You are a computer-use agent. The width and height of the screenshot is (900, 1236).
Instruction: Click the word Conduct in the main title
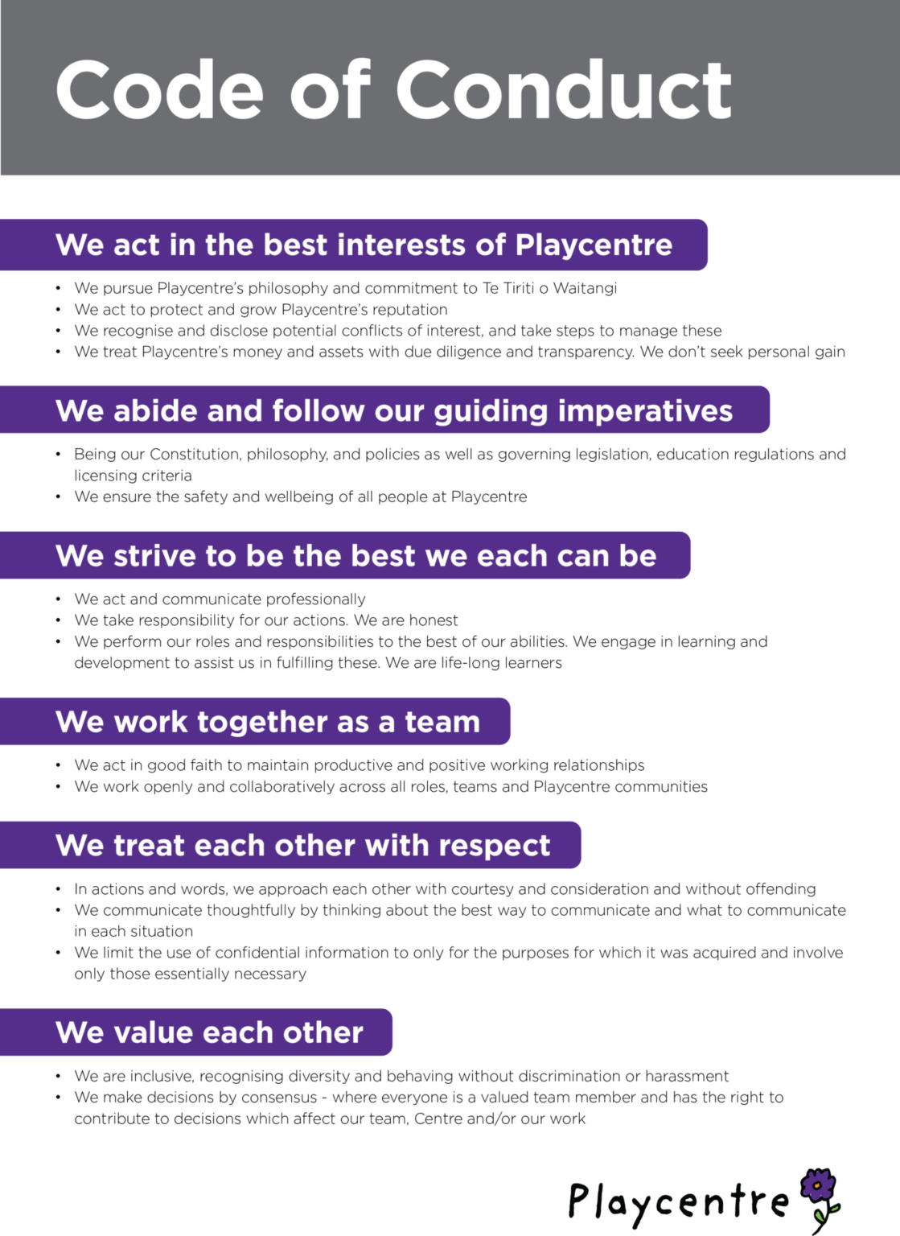click(563, 90)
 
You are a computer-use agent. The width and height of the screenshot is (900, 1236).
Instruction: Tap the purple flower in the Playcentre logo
click(819, 1187)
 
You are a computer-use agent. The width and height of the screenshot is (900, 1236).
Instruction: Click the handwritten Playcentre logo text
click(678, 1201)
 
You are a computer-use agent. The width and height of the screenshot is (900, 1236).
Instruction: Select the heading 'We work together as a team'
click(267, 722)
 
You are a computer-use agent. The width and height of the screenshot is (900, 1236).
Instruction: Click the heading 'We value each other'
click(209, 1032)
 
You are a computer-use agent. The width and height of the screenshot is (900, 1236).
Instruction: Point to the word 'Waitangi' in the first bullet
click(585, 288)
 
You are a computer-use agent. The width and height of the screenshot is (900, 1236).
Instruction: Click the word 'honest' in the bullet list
click(434, 620)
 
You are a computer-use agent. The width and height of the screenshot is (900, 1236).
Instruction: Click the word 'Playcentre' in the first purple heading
click(594, 245)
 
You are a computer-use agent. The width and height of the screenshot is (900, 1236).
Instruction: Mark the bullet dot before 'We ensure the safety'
click(59, 497)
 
